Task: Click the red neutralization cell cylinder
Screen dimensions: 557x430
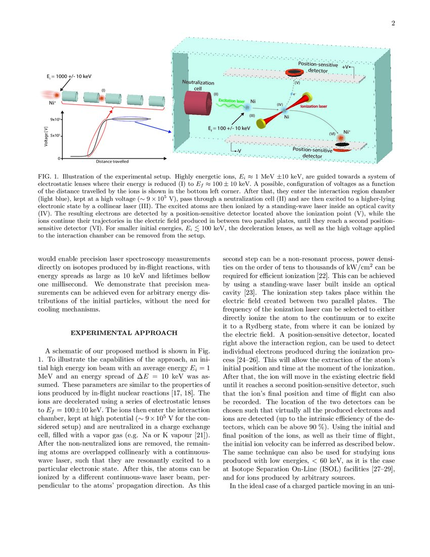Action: [199, 107]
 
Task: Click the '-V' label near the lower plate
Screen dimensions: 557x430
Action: [235, 150]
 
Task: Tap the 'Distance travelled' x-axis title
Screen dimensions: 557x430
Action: [112, 162]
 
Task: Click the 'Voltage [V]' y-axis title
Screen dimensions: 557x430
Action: [46, 136]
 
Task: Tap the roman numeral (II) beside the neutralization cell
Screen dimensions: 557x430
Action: [216, 94]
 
